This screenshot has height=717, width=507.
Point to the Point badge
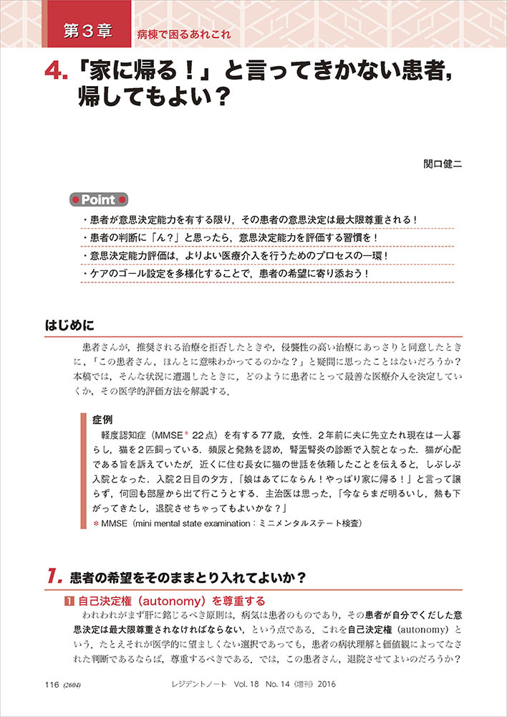99,199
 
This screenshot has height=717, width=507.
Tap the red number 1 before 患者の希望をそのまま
52,576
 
